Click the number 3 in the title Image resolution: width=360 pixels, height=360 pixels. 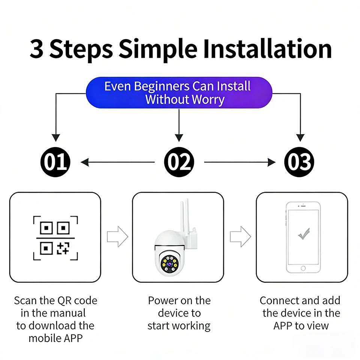click(36, 49)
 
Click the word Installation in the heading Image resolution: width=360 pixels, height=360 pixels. click(267, 49)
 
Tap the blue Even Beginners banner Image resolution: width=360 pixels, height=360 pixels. click(179, 93)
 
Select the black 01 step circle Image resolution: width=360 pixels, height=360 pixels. click(55, 162)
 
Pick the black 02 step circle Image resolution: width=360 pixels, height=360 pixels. click(179, 162)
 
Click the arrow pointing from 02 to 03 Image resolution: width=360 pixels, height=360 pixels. click(240, 162)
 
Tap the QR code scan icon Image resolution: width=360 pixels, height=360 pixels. click(55, 238)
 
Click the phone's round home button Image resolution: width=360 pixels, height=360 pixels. click(303, 268)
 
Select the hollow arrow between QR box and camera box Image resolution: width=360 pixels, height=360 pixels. click(117, 237)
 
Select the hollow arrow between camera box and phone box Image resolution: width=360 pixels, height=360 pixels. click(240, 237)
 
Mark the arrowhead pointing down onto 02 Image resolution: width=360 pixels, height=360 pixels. click(179, 137)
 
